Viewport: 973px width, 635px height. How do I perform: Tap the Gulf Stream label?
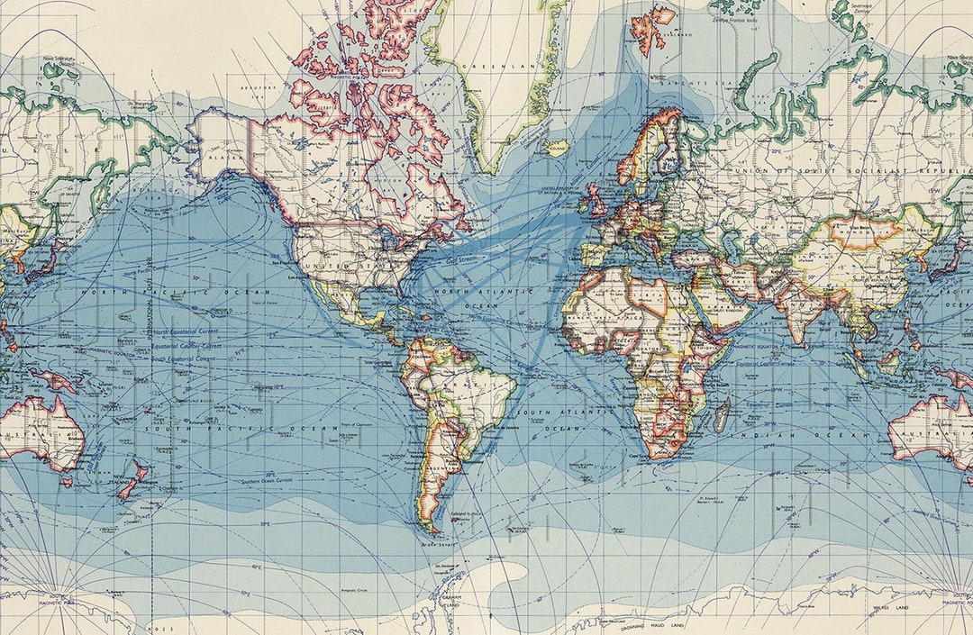click(461, 259)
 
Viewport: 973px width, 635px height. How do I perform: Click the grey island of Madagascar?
click(722, 415)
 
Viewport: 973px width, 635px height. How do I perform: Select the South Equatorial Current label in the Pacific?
click(185, 358)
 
